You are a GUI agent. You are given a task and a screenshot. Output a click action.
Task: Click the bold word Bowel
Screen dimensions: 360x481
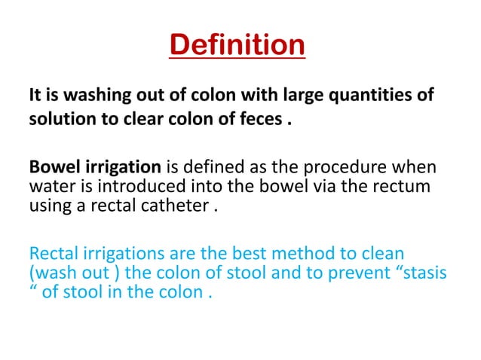51,166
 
